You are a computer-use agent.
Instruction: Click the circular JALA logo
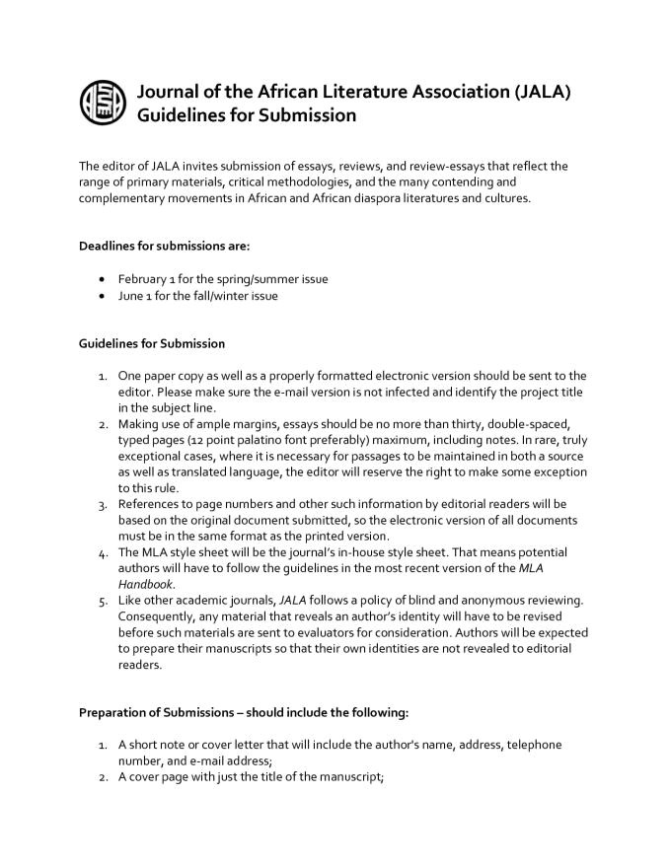point(103,103)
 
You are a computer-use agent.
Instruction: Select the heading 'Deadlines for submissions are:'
point(157,245)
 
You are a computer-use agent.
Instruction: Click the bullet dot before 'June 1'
point(103,296)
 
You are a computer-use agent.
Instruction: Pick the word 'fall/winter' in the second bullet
point(226,295)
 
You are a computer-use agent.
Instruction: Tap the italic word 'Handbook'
point(145,584)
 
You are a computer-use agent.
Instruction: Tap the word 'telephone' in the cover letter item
point(534,745)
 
